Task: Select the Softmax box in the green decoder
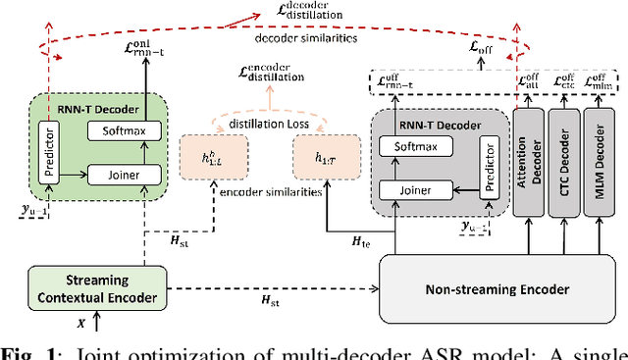[117, 130]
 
